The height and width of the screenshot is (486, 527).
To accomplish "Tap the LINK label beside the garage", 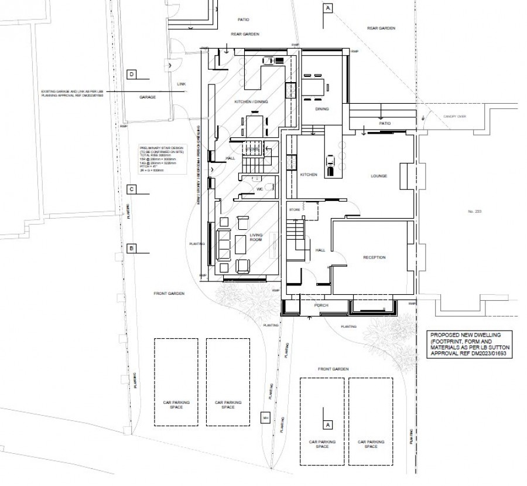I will [181, 84].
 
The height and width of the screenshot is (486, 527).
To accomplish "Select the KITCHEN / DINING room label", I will [251, 102].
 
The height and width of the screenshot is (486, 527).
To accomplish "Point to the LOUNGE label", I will [379, 176].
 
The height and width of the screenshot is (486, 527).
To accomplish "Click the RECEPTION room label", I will [374, 257].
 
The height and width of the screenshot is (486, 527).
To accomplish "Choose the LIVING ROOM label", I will [256, 237].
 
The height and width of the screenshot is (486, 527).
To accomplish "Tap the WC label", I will [259, 189].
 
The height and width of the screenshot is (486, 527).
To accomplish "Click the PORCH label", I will [320, 305].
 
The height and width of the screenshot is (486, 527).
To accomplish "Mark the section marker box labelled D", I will [132, 74].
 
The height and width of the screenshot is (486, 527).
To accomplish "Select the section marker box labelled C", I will [132, 189].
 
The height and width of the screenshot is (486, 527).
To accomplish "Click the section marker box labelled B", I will [132, 249].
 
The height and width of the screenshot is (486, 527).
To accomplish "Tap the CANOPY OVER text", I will [453, 117].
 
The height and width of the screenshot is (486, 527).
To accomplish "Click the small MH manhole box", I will [265, 418].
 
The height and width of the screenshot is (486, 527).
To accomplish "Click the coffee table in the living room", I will [242, 243].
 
